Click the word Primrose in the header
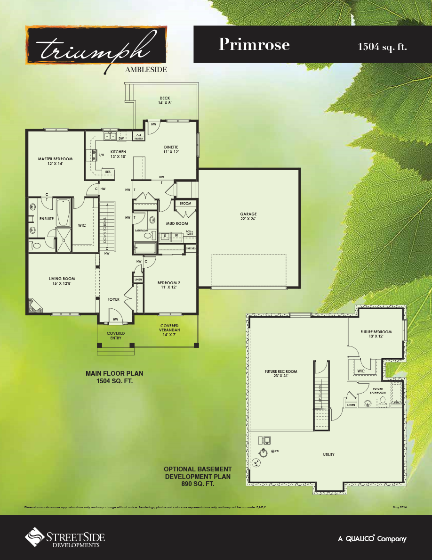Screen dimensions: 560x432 point(254,44)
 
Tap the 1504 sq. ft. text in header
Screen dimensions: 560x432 point(382,46)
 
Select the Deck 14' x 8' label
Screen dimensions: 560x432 point(164,100)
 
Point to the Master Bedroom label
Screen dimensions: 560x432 point(55,161)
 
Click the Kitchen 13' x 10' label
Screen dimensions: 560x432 point(118,154)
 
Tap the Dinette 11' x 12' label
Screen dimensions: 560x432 point(171,149)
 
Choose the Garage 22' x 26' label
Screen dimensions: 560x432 point(248,217)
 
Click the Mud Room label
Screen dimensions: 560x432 point(177,223)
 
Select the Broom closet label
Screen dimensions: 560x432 point(185,204)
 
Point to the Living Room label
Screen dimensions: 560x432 point(62,281)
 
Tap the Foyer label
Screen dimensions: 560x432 point(113,299)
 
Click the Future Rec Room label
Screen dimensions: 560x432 point(280,374)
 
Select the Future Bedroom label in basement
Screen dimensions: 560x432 point(376,334)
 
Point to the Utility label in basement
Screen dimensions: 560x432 point(328,454)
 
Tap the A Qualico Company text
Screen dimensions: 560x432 point(372,539)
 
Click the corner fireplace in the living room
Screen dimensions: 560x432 point(34,306)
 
